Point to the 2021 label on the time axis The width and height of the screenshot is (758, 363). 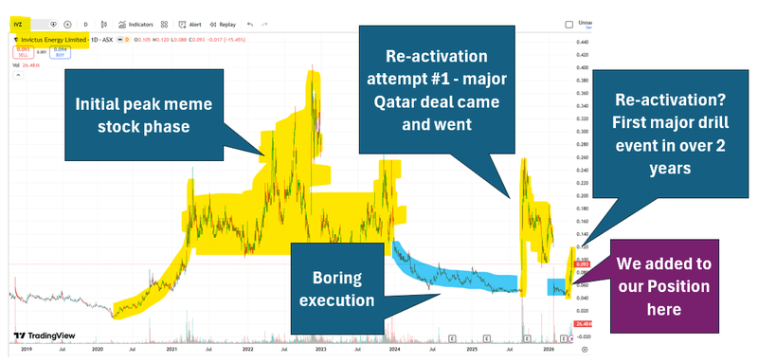pyautogui.click(x=174, y=350)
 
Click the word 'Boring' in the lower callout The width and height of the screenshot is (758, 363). pyautogui.click(x=337, y=277)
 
